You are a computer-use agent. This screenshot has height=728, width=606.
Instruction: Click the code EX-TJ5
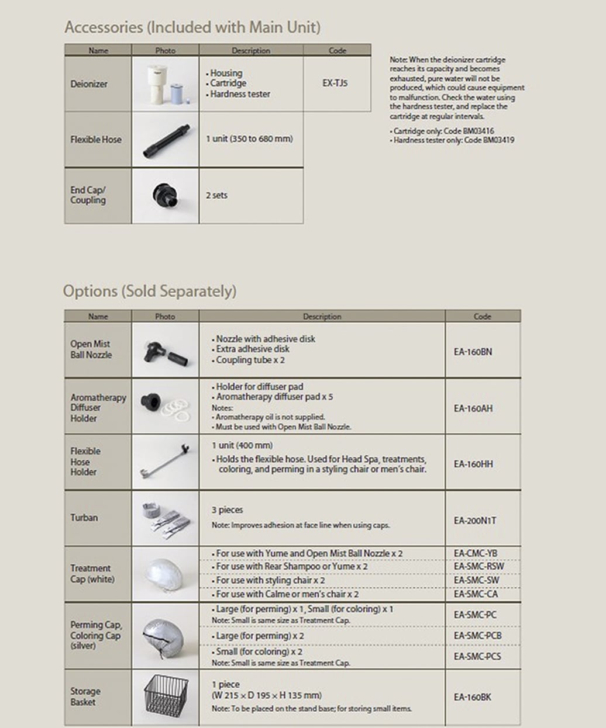point(335,83)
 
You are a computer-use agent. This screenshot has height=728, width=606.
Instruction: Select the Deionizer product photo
point(165,84)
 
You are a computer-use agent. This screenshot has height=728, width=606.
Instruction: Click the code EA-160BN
point(473,352)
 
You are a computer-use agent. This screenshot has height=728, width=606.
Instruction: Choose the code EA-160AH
point(473,408)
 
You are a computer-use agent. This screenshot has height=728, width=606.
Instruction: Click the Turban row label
point(84,518)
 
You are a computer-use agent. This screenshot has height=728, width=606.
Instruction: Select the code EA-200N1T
point(474,521)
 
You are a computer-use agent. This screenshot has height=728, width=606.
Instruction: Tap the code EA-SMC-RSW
point(478,566)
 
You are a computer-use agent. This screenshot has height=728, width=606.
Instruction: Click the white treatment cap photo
point(165,574)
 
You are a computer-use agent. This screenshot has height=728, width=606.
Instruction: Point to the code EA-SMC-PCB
point(477,636)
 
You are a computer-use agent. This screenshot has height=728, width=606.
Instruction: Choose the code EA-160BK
point(472,697)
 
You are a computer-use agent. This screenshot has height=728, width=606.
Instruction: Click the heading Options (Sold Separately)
point(150,291)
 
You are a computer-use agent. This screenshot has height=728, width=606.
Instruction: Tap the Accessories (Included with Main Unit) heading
point(192,27)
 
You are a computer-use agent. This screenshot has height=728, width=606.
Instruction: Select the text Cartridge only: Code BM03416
point(443,131)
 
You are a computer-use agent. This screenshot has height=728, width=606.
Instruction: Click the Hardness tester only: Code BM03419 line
point(453,140)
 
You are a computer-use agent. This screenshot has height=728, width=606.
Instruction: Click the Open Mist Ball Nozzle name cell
point(91,349)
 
